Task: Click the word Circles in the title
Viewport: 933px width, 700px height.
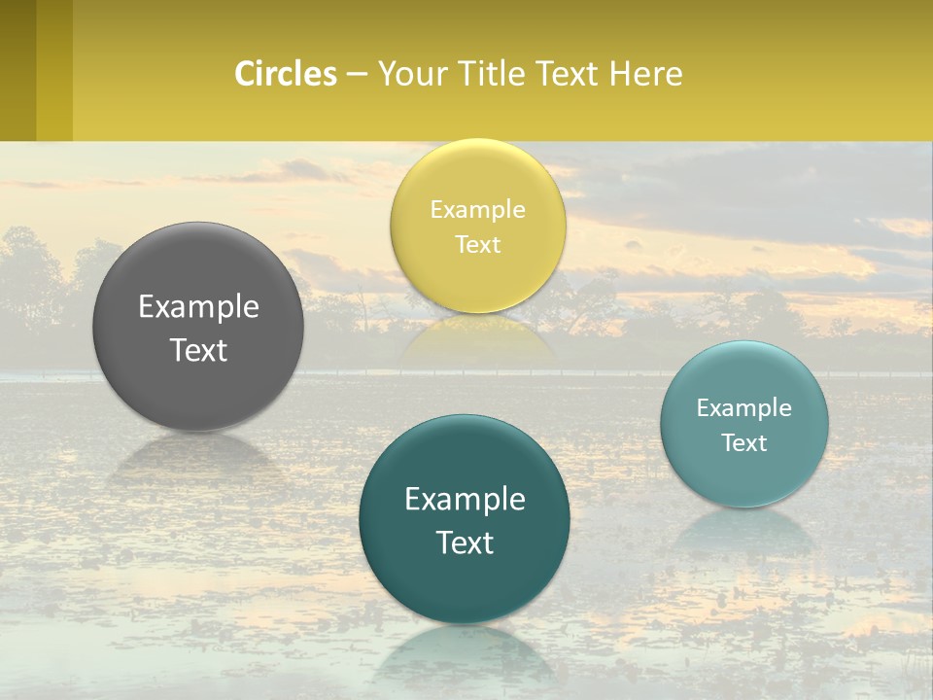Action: [285, 74]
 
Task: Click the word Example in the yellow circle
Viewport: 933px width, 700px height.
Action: [477, 209]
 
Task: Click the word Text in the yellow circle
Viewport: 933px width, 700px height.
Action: [477, 244]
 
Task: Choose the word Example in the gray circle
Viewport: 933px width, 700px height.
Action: [198, 306]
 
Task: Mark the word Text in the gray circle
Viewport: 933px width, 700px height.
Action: [198, 350]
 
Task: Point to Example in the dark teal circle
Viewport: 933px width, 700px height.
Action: [465, 499]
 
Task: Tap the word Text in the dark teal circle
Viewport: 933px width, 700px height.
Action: [465, 542]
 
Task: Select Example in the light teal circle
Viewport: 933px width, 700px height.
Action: [744, 407]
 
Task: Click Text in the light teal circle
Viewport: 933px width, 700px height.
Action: [744, 442]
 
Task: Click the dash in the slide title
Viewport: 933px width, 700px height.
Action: [357, 74]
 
